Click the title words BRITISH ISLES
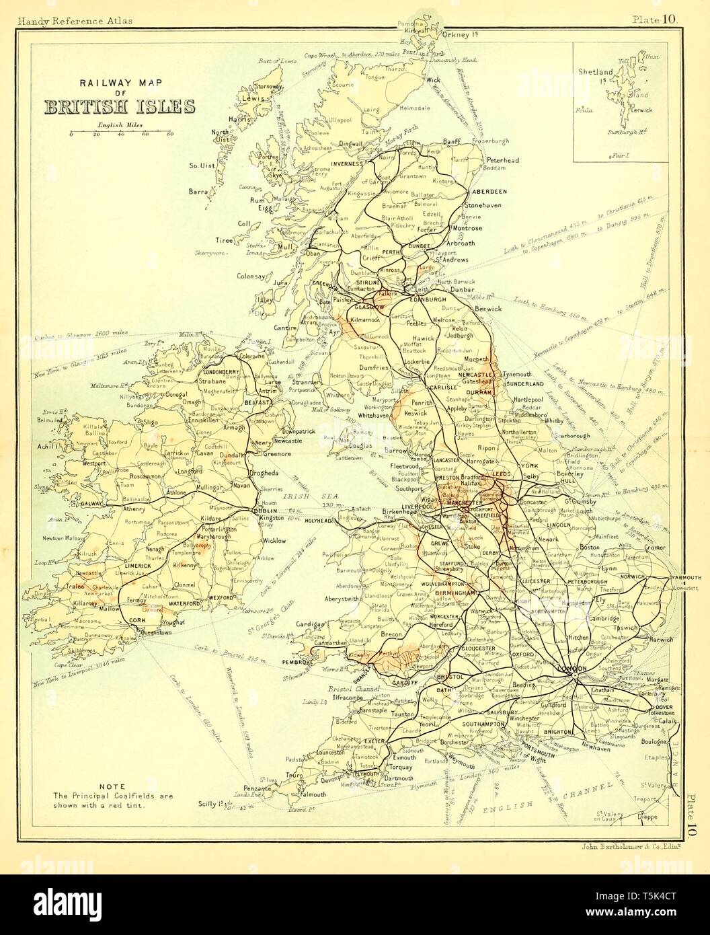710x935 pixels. tap(120, 108)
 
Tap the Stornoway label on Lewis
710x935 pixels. tap(268, 87)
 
